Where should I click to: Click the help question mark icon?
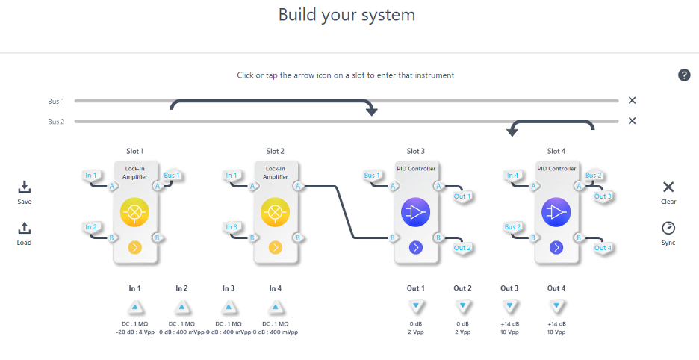[684, 75]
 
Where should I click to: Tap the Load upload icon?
[25, 229]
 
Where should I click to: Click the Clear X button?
[668, 187]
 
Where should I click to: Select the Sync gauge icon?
[668, 229]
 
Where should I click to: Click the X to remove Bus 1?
[632, 100]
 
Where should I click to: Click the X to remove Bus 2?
[632, 121]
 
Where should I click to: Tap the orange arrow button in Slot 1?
[135, 247]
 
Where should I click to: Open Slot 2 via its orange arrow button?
[276, 247]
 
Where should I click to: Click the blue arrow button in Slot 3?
[416, 247]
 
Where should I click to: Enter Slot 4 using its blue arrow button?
[556, 247]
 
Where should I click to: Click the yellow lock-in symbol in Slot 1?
[135, 213]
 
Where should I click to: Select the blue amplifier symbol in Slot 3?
[416, 213]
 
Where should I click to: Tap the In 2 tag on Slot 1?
[91, 227]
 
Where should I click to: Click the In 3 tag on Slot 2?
[232, 227]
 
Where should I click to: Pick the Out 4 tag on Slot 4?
[603, 248]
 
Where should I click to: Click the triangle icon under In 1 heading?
[134, 307]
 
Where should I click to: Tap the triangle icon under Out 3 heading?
[509, 307]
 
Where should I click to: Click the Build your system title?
[347, 15]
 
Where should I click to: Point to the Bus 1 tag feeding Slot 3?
[372, 176]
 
